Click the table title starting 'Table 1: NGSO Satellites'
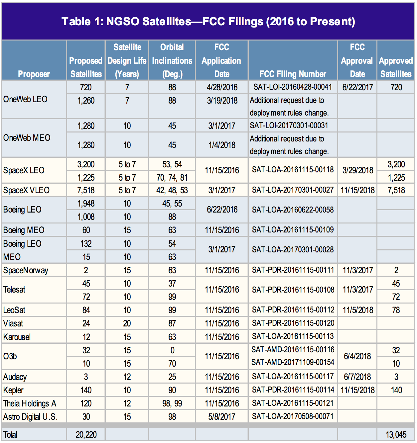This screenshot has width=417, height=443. tap(208, 21)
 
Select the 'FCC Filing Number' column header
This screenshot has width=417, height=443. tap(293, 74)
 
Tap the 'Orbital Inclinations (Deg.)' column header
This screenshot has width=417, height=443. tap(172, 60)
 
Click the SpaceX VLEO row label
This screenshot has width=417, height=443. tap(26, 190)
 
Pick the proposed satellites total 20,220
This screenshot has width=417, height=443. tap(86, 434)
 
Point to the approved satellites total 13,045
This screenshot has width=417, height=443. tap(396, 434)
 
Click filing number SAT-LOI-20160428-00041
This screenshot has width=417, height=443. tap(293, 87)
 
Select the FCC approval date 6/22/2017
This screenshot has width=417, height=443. tap(357, 87)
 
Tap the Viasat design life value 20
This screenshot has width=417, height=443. tap(127, 323)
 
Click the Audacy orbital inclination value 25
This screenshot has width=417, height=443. tap(172, 377)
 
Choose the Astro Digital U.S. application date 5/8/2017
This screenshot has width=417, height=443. tap(222, 416)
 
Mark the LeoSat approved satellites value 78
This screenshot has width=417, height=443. tap(396, 310)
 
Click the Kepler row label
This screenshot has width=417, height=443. tap(13, 390)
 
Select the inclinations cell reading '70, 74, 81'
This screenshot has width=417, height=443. tap(172, 178)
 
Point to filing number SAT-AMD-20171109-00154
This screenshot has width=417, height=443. tap(293, 362)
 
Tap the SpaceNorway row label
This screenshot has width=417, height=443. tap(26, 270)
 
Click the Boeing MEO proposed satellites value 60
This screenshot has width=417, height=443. tap(86, 230)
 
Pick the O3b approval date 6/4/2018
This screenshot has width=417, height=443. tap(357, 356)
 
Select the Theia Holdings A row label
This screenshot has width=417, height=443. tap(30, 403)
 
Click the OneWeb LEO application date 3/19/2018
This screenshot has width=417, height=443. tap(222, 100)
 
